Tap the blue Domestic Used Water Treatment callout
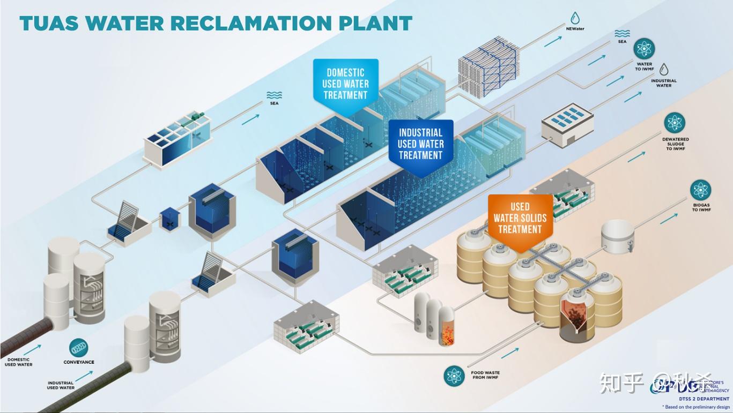(x=345, y=84)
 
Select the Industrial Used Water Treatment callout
(x=420, y=144)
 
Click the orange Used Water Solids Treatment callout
(x=520, y=218)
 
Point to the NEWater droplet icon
(x=575, y=18)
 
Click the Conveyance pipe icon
(x=79, y=347)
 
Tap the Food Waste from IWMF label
(x=485, y=375)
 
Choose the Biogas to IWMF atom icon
(x=701, y=190)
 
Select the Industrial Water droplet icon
(x=664, y=70)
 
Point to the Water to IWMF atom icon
(x=644, y=49)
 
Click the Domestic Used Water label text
(x=19, y=362)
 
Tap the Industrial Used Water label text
(x=60, y=385)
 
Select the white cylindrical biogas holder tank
(x=617, y=236)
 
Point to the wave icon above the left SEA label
(x=274, y=95)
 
